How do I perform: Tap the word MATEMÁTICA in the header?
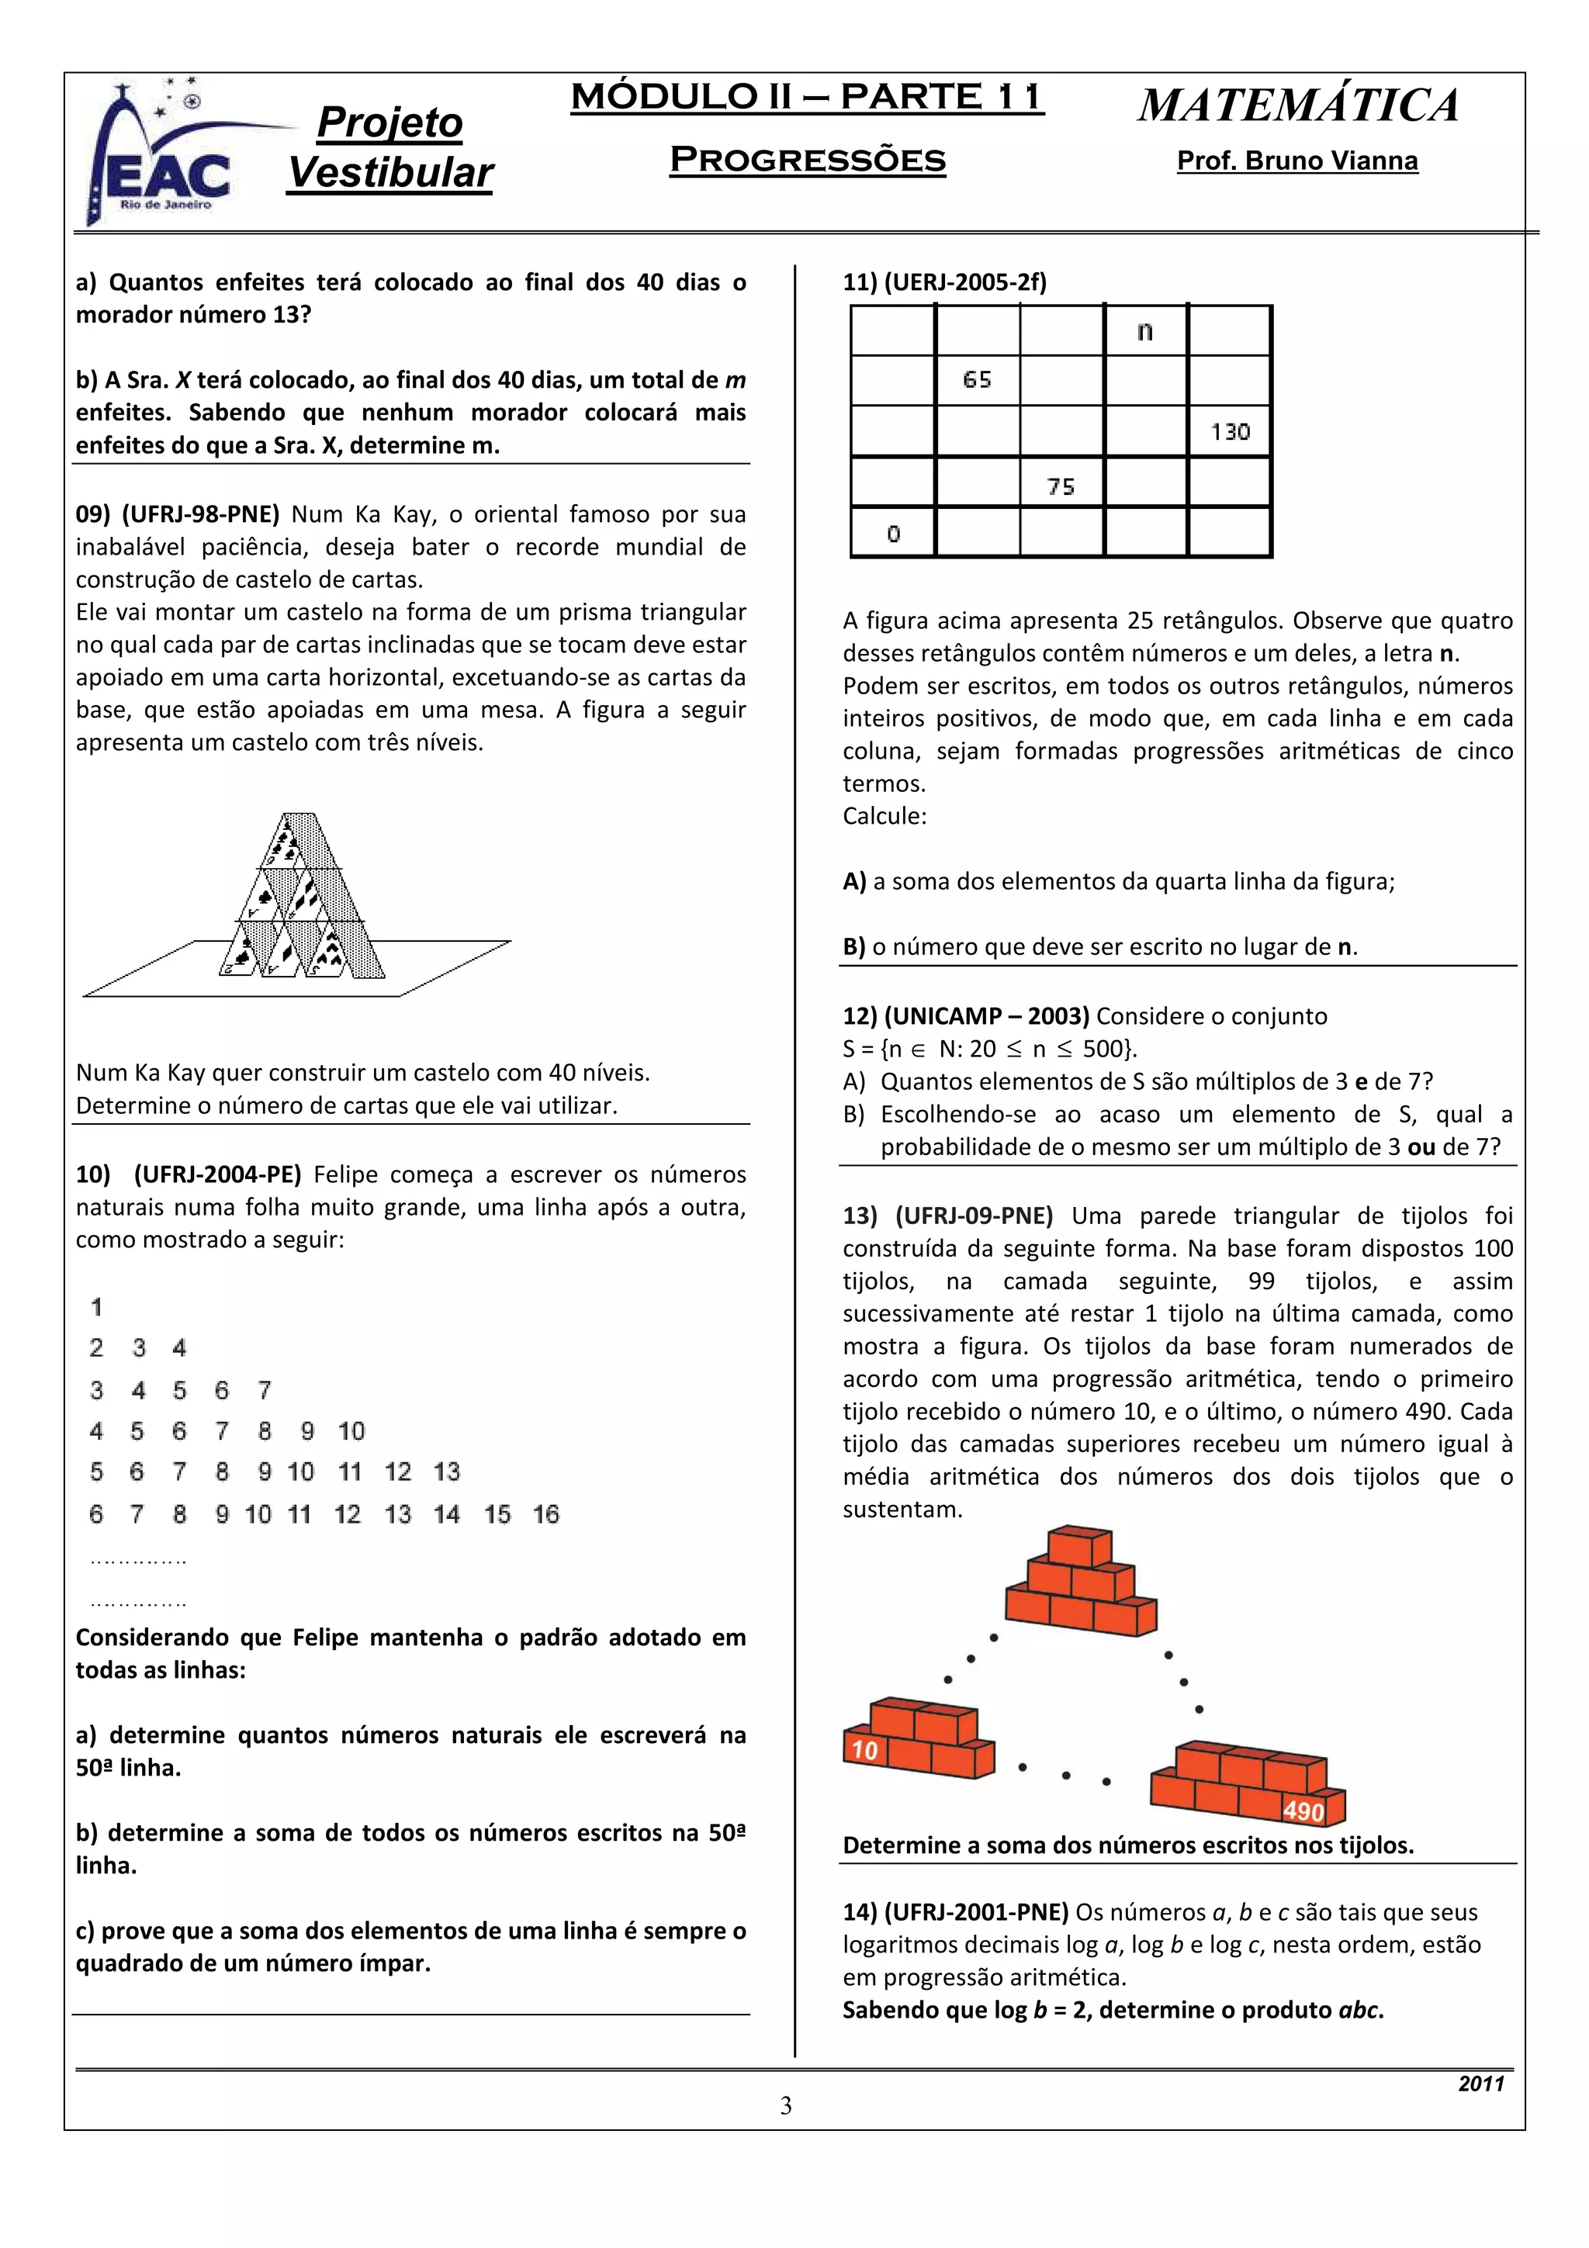1297,105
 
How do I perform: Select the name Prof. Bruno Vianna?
1296,161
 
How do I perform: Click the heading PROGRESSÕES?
807,160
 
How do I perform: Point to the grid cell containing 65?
977,380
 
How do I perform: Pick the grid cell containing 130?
1229,432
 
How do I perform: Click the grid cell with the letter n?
1144,331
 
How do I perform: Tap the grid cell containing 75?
1061,486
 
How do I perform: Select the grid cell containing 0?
893,534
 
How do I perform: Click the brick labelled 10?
865,1750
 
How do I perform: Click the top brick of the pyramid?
1079,1547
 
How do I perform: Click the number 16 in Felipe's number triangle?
545,1515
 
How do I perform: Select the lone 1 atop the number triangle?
96,1307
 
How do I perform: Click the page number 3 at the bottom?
785,2105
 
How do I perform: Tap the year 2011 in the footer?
1480,2084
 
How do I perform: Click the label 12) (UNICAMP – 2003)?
965,1016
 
